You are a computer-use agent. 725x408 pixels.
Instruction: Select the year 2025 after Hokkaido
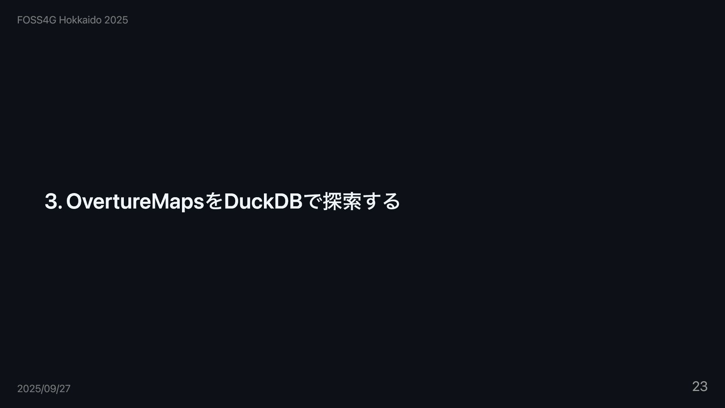coord(116,20)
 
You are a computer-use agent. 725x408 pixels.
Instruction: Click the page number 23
coord(700,386)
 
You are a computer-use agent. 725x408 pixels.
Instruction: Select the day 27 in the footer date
coord(65,389)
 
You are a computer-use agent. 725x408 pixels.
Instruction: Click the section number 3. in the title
coord(53,201)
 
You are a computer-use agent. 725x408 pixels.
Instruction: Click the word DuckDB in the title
coord(263,201)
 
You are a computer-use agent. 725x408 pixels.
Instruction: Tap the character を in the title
coord(214,201)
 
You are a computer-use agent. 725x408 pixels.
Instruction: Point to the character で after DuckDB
coord(312,201)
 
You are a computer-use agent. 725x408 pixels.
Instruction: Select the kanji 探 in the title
coord(332,201)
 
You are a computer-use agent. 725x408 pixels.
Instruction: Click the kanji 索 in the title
coord(352,201)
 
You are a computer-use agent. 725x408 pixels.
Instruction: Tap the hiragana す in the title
coord(371,201)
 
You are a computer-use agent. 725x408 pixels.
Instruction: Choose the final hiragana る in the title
coord(391,201)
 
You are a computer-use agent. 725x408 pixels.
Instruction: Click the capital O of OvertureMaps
coord(74,201)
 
